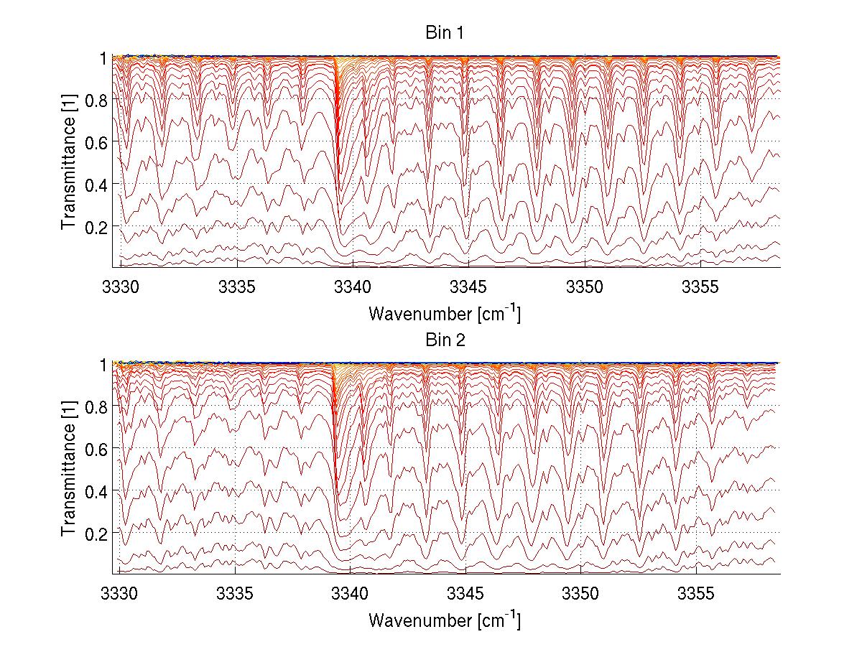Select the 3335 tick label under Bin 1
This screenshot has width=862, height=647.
[238, 287]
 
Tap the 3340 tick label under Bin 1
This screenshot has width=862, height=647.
[353, 287]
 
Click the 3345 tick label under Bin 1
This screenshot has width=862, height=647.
[469, 287]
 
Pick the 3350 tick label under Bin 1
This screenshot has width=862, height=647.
[585, 287]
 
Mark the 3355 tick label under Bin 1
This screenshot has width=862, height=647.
[700, 287]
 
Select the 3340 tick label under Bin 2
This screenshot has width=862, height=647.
[351, 594]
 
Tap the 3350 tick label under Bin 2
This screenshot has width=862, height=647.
[581, 594]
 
